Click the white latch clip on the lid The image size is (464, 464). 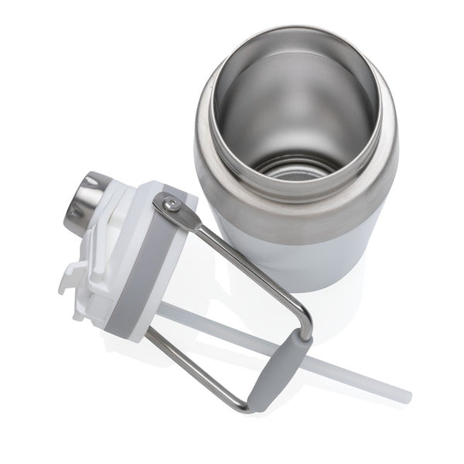73,278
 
